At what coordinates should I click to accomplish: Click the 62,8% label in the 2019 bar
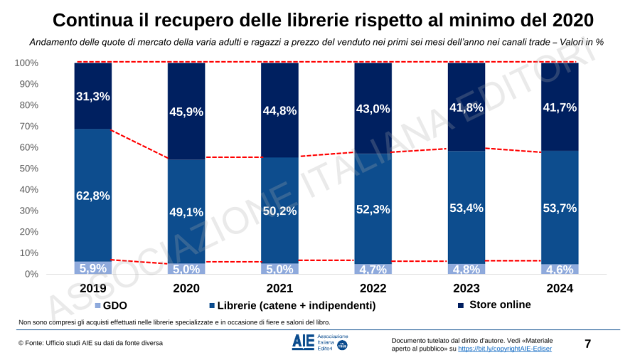coord(93,196)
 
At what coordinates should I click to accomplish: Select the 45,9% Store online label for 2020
coord(186,111)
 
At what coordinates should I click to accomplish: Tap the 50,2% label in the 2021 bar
coord(279,211)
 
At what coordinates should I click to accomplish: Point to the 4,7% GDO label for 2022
coord(373,269)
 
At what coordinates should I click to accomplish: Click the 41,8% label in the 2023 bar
coord(466,107)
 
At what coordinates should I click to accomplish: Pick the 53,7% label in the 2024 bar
coord(560,208)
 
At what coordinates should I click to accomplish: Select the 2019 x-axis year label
coord(93,288)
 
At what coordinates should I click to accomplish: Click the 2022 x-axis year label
coord(373,288)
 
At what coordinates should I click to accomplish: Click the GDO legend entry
coord(110,305)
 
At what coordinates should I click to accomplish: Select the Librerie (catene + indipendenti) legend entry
coord(292,305)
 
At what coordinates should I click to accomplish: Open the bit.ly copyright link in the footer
coord(504,349)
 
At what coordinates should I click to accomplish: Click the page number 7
coord(587,344)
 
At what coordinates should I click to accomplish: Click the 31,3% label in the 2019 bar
coord(93,97)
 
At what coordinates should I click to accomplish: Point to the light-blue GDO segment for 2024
coord(560,269)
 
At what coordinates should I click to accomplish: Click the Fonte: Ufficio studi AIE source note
coord(90,343)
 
